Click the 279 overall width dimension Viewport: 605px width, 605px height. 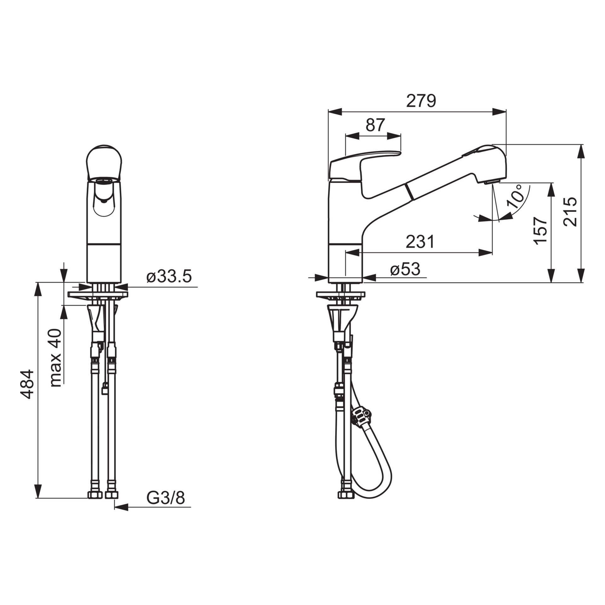421,101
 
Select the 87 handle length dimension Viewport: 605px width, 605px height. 375,125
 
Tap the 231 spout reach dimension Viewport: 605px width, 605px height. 420,242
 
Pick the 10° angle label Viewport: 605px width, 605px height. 515,196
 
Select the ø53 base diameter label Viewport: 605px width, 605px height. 405,269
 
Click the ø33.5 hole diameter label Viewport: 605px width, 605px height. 169,277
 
